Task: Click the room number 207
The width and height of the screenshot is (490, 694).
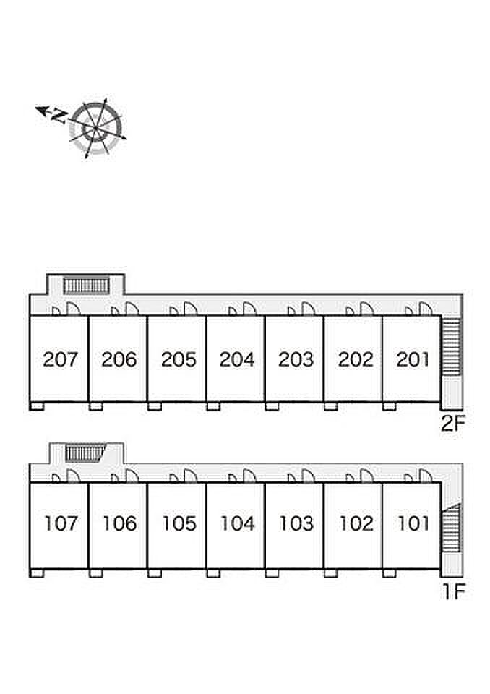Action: pyautogui.click(x=60, y=359)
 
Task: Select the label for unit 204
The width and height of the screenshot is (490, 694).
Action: pyautogui.click(x=237, y=359)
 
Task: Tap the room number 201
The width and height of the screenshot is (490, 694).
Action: pyautogui.click(x=413, y=359)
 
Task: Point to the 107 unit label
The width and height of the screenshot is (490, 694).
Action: pyautogui.click(x=61, y=523)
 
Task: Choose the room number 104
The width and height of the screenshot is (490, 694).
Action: pyautogui.click(x=238, y=523)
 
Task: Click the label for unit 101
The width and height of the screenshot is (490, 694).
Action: pyautogui.click(x=413, y=523)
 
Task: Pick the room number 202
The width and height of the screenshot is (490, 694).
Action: pyautogui.click(x=356, y=359)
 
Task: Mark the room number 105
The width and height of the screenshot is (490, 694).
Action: pyautogui.click(x=179, y=523)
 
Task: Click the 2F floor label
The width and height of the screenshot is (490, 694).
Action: pyautogui.click(x=453, y=424)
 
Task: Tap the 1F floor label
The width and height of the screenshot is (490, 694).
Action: pyautogui.click(x=454, y=591)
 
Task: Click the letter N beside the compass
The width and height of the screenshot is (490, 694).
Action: pyautogui.click(x=59, y=116)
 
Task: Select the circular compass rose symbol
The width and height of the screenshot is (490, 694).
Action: pyautogui.click(x=95, y=128)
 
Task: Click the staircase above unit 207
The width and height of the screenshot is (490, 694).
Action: pyautogui.click(x=86, y=286)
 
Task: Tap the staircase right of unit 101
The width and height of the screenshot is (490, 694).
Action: pyautogui.click(x=452, y=528)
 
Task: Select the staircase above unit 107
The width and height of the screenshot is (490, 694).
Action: pyautogui.click(x=85, y=453)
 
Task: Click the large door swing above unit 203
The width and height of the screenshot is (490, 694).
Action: pyautogui.click(x=308, y=309)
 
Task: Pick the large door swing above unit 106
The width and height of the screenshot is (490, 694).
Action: pyautogui.click(x=132, y=476)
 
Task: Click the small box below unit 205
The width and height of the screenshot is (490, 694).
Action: pyautogui.click(x=155, y=406)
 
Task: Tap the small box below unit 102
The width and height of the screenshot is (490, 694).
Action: pyautogui.click(x=331, y=573)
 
